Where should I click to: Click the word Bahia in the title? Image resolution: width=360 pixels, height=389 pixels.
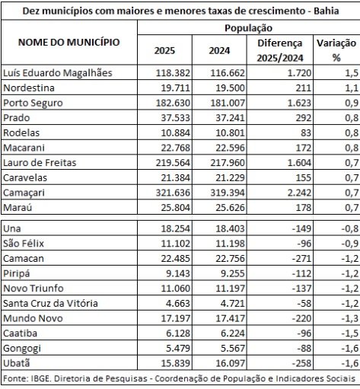pos(326,11)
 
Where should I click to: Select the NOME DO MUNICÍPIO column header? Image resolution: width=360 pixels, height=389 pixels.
pos(69,42)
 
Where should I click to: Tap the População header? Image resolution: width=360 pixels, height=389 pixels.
pos(248,28)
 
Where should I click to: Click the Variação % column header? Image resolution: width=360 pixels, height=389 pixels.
pos(336,50)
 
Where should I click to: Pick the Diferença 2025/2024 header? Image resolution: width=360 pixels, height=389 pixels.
pos(280,50)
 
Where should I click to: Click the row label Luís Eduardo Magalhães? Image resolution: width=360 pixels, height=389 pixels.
pos(58,73)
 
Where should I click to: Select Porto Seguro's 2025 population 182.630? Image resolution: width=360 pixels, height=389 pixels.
pos(173,103)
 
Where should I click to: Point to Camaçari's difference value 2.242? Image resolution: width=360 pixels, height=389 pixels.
pos(299,193)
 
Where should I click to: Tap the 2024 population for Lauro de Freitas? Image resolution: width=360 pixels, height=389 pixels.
pos(228,163)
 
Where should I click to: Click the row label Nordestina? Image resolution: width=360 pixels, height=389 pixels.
pos(29,88)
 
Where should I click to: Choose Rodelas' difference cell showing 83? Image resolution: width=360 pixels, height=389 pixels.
pos(306,133)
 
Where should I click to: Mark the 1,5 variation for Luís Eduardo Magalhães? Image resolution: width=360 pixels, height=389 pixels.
pos(352,73)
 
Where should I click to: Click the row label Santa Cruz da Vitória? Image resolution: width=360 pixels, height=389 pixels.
pos(50,304)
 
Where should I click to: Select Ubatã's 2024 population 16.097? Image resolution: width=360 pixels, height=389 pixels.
pos(230,363)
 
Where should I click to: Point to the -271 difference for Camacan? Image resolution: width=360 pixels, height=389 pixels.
pos(301,259)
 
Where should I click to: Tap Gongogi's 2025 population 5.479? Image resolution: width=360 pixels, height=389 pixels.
pos(178,349)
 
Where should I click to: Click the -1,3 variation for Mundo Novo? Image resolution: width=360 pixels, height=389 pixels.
pos(350,318)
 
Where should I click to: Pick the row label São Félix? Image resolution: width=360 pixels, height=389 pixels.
pos(24,244)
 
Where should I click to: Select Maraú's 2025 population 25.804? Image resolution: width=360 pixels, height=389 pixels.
pos(175,208)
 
